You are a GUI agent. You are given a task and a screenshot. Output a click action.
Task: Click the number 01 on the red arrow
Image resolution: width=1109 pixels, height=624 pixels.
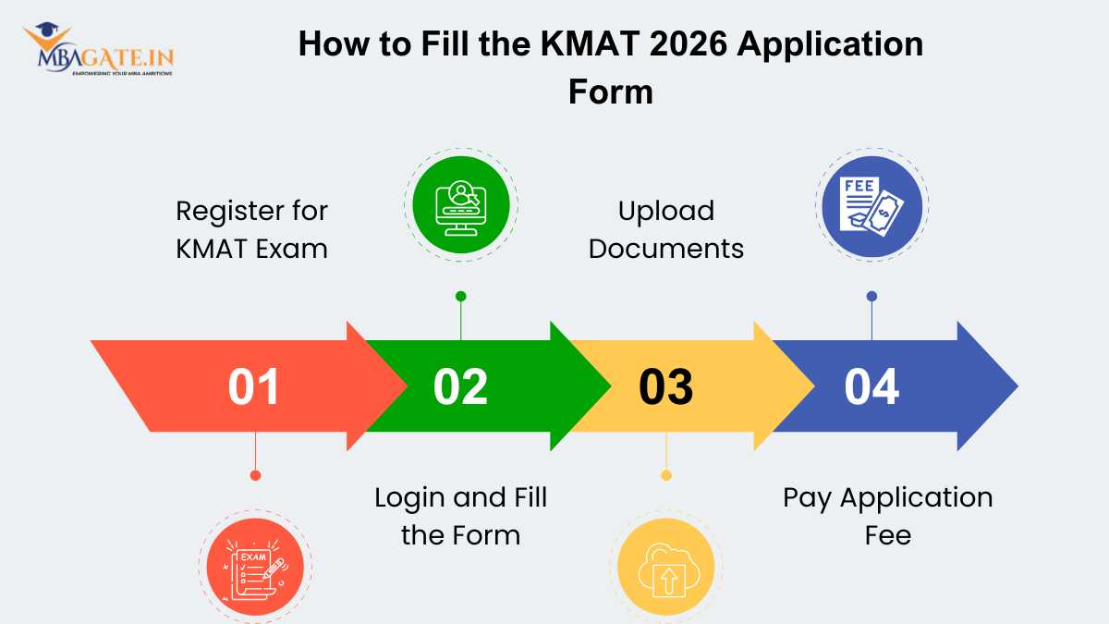(254, 387)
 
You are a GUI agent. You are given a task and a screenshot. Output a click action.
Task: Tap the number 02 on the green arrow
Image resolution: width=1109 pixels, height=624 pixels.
(460, 387)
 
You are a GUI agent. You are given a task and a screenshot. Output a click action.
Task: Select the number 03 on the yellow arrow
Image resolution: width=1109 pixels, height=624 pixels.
(666, 387)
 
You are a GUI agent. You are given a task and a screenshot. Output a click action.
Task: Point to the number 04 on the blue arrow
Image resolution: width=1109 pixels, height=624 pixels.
(871, 387)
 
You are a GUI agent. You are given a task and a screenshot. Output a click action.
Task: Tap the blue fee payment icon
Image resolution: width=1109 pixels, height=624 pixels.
(871, 203)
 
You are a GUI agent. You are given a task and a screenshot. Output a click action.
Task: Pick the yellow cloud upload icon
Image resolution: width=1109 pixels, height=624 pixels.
(666, 566)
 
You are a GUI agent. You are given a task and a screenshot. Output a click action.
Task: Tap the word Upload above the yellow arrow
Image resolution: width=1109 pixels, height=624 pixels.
(666, 211)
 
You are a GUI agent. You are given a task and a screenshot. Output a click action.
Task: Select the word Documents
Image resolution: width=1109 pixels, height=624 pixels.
(666, 248)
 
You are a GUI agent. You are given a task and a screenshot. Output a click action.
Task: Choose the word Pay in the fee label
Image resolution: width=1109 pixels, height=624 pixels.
(804, 497)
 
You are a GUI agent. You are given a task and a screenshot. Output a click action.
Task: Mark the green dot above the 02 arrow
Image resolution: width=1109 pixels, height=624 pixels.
(461, 296)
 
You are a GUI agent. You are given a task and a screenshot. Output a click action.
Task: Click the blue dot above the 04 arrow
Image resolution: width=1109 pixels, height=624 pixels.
(871, 296)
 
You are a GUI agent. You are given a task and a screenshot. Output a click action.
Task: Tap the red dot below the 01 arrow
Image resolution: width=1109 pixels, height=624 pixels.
(255, 475)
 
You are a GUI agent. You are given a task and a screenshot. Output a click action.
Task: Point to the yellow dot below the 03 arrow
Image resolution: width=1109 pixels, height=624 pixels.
(666, 475)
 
